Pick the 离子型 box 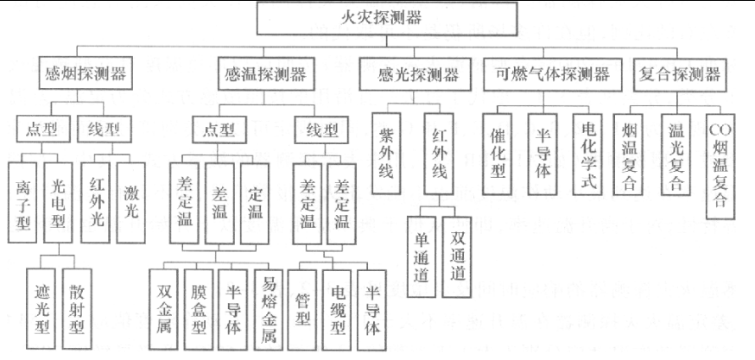(x=24, y=199)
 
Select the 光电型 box (x=59, y=199)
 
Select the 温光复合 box (x=677, y=155)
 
